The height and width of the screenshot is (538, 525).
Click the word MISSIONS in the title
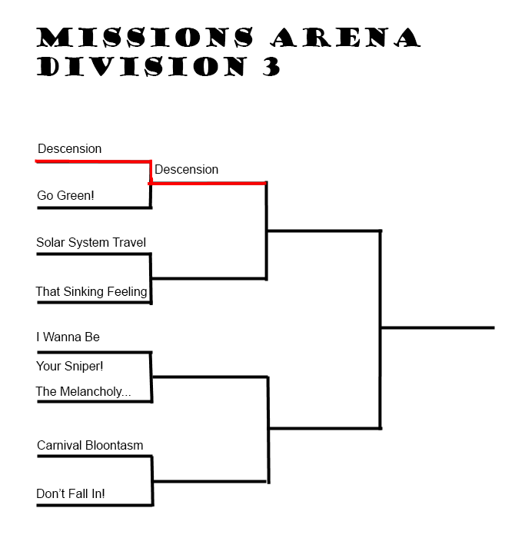pos(145,37)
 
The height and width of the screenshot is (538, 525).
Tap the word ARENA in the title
pos(346,37)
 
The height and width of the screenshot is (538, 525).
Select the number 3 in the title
pos(272,67)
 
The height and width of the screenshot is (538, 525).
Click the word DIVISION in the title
pos(141,67)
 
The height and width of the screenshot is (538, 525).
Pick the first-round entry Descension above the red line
pos(70,149)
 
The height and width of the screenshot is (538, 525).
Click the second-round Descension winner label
pos(186,170)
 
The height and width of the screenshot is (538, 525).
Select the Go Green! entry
pos(65,195)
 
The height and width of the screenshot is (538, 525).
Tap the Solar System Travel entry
pos(91,243)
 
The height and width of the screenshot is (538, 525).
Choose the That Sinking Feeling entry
pos(91,291)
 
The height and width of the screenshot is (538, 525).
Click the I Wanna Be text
pos(68,337)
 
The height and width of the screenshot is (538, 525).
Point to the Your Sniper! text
pos(70,366)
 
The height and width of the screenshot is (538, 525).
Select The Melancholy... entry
pos(83,391)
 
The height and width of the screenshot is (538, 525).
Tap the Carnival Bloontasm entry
pos(90,445)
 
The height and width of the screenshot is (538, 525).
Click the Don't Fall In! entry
pos(71,493)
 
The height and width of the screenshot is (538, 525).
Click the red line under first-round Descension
pos(93,161)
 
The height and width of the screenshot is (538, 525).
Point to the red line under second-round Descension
pos(208,183)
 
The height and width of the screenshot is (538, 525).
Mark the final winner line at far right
pos(438,327)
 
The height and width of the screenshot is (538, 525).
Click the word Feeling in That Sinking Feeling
pos(127,291)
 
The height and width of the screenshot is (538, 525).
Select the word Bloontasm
pos(115,445)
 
